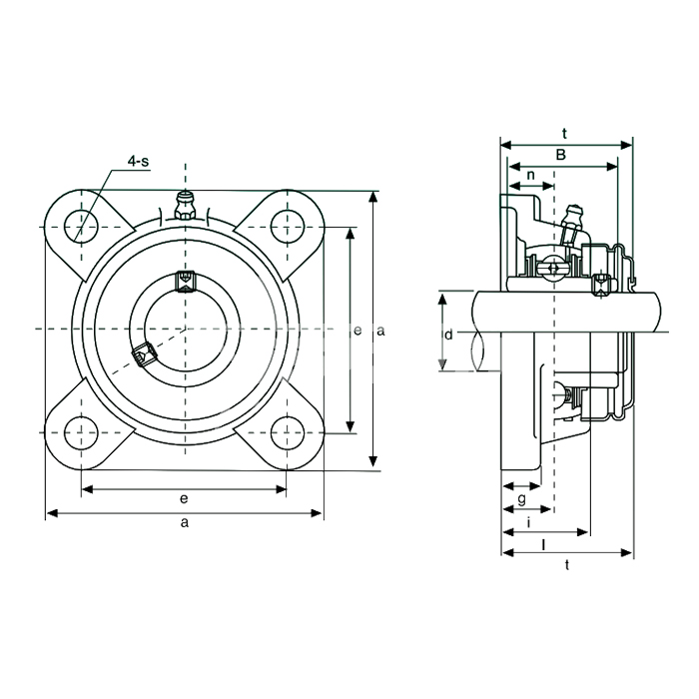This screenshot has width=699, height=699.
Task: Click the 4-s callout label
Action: coord(138,161)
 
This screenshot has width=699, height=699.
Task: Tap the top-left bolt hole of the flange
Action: coord(81,227)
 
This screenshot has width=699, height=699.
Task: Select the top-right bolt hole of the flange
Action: coord(288,227)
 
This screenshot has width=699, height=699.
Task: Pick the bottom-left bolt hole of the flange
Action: coord(81,432)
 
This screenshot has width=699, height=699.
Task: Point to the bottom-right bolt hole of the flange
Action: coord(288,432)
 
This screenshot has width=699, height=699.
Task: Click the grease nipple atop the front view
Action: coord(185,206)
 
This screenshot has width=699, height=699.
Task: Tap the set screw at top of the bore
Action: coord(185,282)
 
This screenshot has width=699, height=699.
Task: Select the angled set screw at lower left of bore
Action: coord(145,355)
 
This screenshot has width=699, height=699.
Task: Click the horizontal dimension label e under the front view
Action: coord(184,498)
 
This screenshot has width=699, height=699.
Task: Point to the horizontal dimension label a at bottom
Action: coord(185,522)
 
